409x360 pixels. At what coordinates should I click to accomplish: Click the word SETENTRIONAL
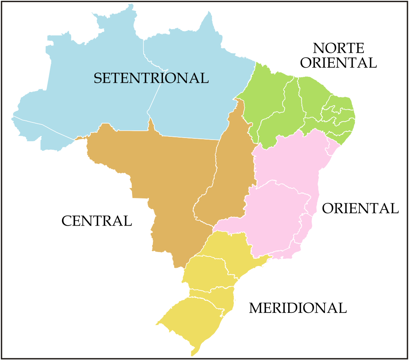151,78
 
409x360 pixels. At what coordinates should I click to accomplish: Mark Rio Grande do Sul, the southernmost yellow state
192,320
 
